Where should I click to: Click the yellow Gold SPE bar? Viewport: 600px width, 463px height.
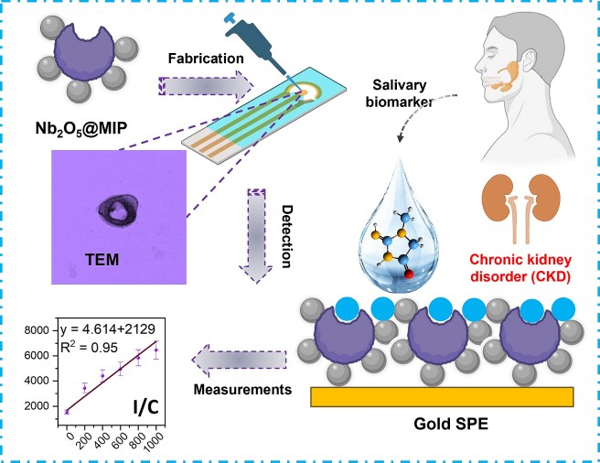pos(443,395)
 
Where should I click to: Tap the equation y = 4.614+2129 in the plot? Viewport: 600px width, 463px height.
pos(116,329)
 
